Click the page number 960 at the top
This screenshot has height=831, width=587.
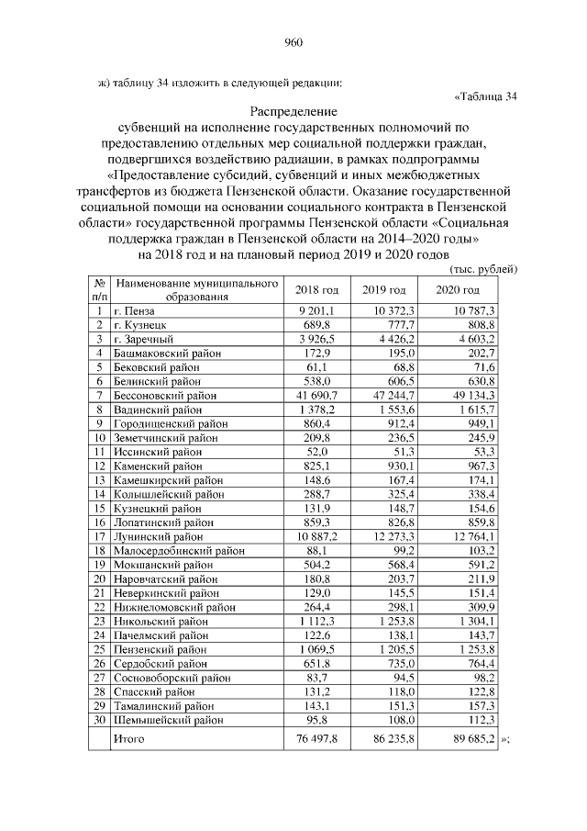[293, 41]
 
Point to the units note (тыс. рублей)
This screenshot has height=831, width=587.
[485, 269]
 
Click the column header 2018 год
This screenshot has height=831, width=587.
[316, 290]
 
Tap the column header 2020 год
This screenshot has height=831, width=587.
[458, 290]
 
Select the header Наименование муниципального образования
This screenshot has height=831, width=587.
[195, 290]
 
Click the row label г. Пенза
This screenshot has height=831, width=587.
[133, 311]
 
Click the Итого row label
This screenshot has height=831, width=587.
[127, 737]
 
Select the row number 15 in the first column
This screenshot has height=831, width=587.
[98, 508]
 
